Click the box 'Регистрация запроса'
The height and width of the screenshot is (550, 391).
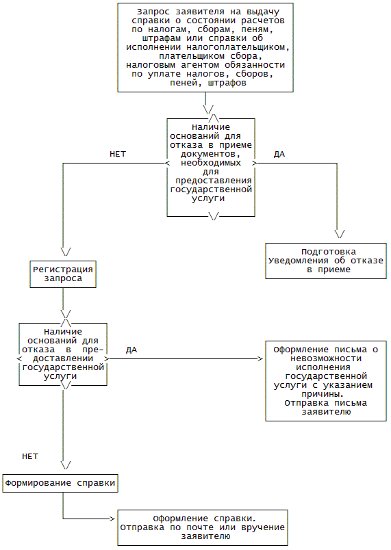click(x=63, y=274)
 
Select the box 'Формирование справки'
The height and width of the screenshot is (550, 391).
click(x=60, y=484)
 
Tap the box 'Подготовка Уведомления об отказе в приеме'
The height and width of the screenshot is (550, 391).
click(x=326, y=261)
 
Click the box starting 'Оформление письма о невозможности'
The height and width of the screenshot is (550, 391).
click(x=326, y=380)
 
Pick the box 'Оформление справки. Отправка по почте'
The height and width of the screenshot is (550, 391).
click(x=203, y=527)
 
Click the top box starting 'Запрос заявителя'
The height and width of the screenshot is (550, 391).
click(x=205, y=48)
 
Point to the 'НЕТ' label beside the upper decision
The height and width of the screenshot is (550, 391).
click(x=118, y=154)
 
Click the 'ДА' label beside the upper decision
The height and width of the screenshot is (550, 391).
click(x=279, y=154)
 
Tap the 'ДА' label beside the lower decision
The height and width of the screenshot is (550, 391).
click(x=131, y=350)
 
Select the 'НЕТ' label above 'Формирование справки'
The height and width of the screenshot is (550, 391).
click(x=30, y=456)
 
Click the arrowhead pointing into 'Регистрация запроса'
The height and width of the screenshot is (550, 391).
click(x=66, y=252)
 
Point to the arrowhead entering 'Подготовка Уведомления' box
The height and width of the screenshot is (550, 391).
click(x=340, y=234)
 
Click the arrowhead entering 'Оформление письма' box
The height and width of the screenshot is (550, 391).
click(x=260, y=358)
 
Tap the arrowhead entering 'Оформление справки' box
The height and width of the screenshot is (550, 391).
click(x=112, y=519)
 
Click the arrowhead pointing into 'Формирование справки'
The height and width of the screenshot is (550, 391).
click(x=66, y=465)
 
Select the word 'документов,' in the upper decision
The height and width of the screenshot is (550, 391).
click(x=211, y=154)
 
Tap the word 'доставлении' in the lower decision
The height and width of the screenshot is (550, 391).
click(x=63, y=358)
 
